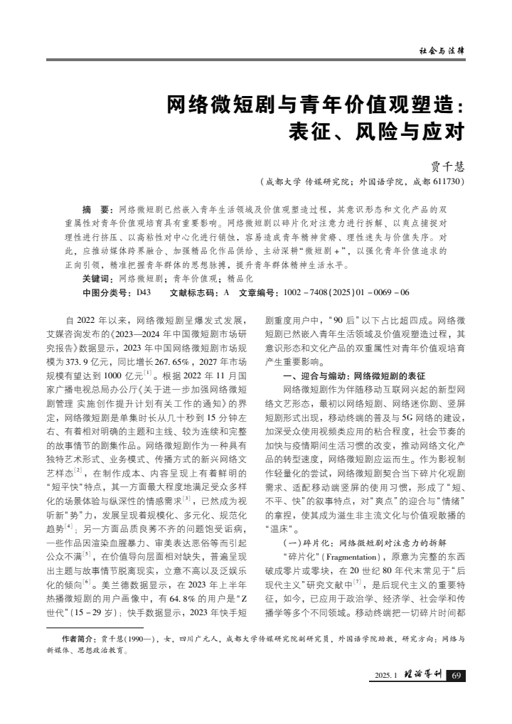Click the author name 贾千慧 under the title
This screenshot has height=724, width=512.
pyautogui.click(x=449, y=166)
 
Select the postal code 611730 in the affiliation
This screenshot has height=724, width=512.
pyautogui.click(x=448, y=182)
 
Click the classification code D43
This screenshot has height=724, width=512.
pyautogui.click(x=143, y=292)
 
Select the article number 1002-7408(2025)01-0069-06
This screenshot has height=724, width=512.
pyautogui.click(x=346, y=292)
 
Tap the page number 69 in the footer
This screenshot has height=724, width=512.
pyautogui.click(x=457, y=675)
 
